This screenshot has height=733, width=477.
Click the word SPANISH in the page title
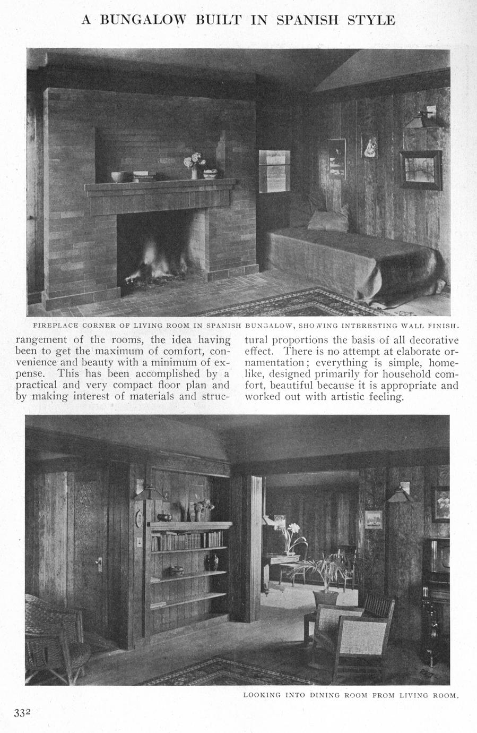[310, 20]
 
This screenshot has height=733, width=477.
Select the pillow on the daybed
[328, 220]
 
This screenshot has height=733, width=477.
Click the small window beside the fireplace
[274, 171]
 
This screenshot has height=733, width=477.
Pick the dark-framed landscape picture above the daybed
[421, 168]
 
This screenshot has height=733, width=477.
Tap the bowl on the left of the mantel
[118, 176]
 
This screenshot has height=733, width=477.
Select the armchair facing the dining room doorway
[353, 627]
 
